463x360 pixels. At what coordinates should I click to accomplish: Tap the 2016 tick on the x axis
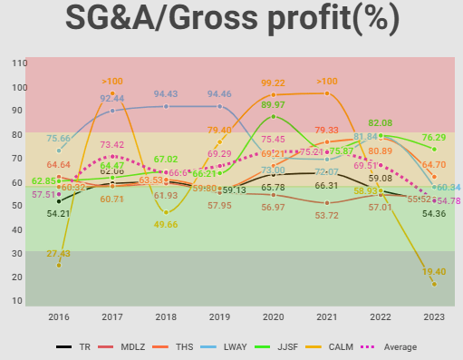59,316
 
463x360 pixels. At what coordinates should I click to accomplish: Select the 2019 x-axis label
219,316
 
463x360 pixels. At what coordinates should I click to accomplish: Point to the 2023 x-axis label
434,316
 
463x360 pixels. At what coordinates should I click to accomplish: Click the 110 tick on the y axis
19,63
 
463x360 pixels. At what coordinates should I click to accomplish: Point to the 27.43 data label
59,255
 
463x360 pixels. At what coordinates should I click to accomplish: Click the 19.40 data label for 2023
433,271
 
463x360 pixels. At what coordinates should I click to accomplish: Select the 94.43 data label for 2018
166,93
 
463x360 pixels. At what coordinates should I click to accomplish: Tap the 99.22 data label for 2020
274,83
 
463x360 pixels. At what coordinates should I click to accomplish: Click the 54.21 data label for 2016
59,213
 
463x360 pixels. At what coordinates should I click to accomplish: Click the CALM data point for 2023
434,284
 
